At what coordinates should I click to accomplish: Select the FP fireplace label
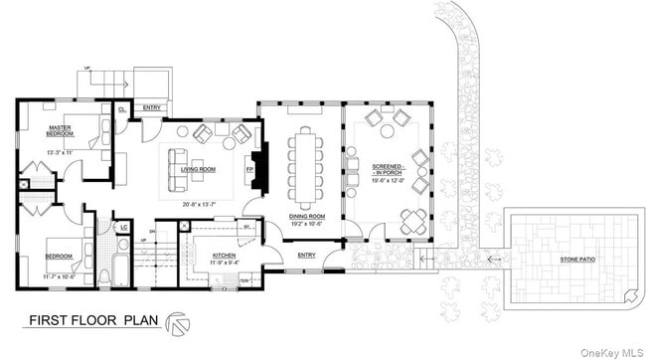point(249,169)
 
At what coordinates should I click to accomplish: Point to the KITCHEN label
point(224,256)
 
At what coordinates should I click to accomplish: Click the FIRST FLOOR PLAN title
point(87,321)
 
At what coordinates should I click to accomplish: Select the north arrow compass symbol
point(178,321)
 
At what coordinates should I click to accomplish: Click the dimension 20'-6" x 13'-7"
point(202,205)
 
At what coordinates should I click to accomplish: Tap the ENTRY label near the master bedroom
point(152,106)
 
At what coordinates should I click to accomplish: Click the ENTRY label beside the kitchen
point(307,256)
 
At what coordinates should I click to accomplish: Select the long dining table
point(303,167)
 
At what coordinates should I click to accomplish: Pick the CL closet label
point(121,108)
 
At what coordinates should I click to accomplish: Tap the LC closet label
point(124,227)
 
